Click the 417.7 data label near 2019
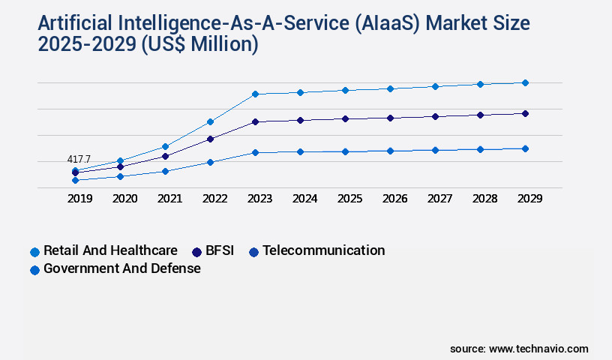pyautogui.click(x=79, y=159)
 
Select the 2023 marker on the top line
pyautogui.click(x=255, y=94)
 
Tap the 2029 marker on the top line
pyautogui.click(x=525, y=82)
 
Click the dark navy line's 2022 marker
pyautogui.click(x=210, y=139)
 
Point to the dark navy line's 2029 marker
pyautogui.click(x=525, y=113)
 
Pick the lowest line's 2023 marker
pyautogui.click(x=255, y=152)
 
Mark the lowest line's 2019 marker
pyautogui.click(x=75, y=180)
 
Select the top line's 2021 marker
pyautogui.click(x=165, y=146)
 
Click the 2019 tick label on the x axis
pyautogui.click(x=80, y=199)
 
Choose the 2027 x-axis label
pyautogui.click(x=440, y=199)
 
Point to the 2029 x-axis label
pyautogui.click(x=530, y=199)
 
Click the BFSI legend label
pyautogui.click(x=220, y=250)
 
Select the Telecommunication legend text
pyautogui.click(x=323, y=250)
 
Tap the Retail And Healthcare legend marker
pyautogui.click(x=34, y=252)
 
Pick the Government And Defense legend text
pyautogui.click(x=122, y=268)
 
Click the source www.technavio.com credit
pyautogui.click(x=519, y=349)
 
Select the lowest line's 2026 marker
pyautogui.click(x=390, y=151)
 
